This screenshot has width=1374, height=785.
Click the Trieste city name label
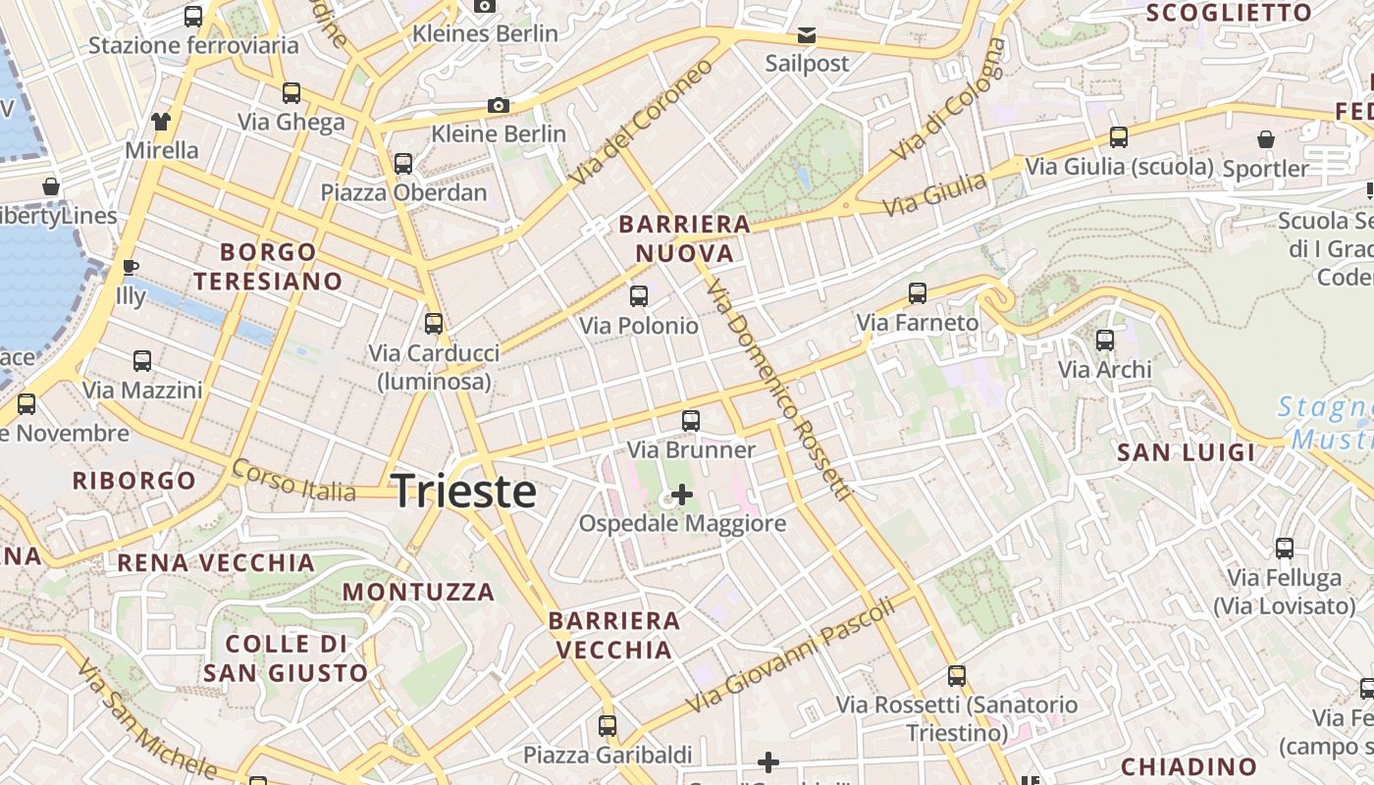tap(464, 492)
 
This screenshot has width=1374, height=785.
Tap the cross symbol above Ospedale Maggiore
tap(681, 495)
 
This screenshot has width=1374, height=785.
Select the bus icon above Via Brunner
tap(691, 421)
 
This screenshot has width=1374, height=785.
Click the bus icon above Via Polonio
tap(639, 295)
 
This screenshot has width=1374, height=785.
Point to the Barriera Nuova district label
tap(684, 238)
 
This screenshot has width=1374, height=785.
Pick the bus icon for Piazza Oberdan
tap(402, 163)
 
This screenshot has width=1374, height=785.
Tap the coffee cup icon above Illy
tap(130, 267)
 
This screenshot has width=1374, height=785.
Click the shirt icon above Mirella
tap(161, 122)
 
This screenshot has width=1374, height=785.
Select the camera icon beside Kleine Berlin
tap(499, 105)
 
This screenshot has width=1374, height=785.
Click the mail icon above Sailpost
tap(806, 35)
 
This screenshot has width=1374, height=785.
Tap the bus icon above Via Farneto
tap(918, 292)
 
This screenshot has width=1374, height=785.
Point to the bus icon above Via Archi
tap(1105, 340)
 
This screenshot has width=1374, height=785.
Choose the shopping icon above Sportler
tap(1266, 139)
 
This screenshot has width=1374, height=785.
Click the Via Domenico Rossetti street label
tap(776, 389)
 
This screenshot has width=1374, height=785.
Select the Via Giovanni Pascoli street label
tap(791, 654)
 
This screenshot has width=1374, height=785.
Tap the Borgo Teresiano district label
tap(268, 267)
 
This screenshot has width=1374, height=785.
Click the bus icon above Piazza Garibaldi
tap(608, 726)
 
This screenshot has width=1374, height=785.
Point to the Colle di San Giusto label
tap(286, 658)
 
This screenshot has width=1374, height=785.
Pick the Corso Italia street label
tap(293, 480)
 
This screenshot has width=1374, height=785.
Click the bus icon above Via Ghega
tap(291, 93)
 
